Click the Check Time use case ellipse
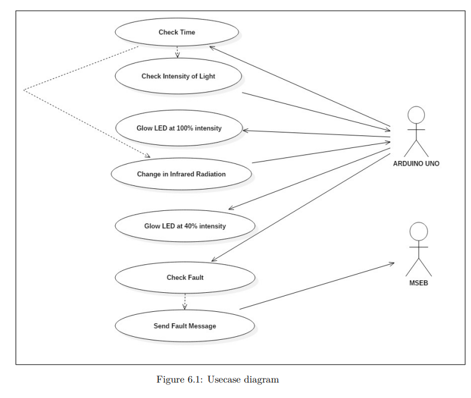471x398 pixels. pyautogui.click(x=176, y=32)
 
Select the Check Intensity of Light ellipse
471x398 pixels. pyautogui.click(x=178, y=76)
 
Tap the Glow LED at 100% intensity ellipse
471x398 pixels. pyautogui.click(x=178, y=128)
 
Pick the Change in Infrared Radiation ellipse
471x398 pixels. pyautogui.click(x=181, y=174)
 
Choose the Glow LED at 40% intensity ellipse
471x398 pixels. pyautogui.click(x=185, y=226)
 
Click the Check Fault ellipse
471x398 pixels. pyautogui.click(x=185, y=277)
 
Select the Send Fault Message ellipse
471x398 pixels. pyautogui.click(x=185, y=326)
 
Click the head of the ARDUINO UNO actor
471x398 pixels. pyautogui.click(x=416, y=115)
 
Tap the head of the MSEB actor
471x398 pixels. pyautogui.click(x=419, y=231)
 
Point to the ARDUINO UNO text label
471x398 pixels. pyautogui.click(x=416, y=163)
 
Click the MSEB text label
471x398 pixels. pyautogui.click(x=419, y=283)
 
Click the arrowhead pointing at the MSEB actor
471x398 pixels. pyautogui.click(x=392, y=264)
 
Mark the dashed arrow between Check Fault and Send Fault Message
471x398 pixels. pyautogui.click(x=185, y=301)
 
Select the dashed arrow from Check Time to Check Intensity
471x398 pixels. pyautogui.click(x=177, y=52)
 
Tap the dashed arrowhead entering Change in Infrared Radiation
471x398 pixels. pyautogui.click(x=148, y=156)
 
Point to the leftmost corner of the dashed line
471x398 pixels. pyautogui.click(x=24, y=90)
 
